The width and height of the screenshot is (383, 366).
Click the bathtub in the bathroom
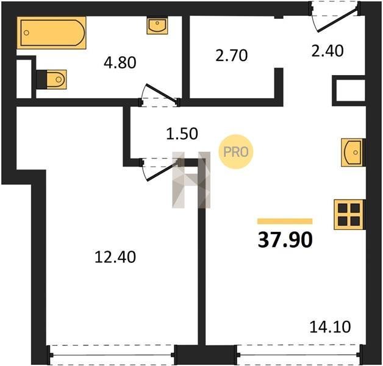[51, 33]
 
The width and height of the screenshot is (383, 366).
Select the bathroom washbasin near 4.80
[157, 25]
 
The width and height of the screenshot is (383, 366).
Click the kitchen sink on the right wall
[353, 152]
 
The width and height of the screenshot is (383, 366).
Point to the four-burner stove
[349, 215]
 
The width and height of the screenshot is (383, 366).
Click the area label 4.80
[120, 63]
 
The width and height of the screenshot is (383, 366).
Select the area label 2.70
[232, 56]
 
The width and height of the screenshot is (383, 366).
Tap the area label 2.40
[328, 51]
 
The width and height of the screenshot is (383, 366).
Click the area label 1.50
[182, 134]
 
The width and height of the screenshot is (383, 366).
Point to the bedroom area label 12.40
[115, 257]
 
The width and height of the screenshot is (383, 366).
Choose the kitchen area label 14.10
[330, 327]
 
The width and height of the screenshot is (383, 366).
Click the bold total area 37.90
[285, 240]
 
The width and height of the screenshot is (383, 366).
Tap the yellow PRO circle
[235, 152]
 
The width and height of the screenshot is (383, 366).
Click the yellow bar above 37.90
[285, 221]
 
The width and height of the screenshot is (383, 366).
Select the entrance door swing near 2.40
[335, 16]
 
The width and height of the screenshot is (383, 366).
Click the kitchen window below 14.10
[298, 355]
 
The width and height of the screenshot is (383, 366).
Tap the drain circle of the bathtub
[26, 33]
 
